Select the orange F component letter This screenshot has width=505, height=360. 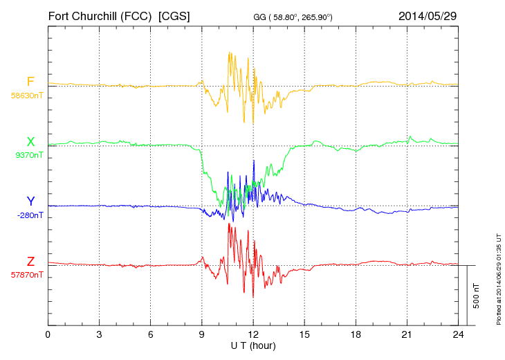point(30,82)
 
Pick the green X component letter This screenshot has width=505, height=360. point(30,142)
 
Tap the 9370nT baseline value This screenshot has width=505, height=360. point(28,156)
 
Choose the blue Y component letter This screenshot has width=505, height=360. point(30,201)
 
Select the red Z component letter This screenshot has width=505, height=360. point(30,261)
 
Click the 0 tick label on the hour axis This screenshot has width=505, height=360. point(48,335)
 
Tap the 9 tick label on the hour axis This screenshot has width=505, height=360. point(202,335)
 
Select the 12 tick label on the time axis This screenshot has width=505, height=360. point(253,335)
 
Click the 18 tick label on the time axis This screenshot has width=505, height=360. point(356,335)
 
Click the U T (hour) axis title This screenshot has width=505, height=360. point(253,345)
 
